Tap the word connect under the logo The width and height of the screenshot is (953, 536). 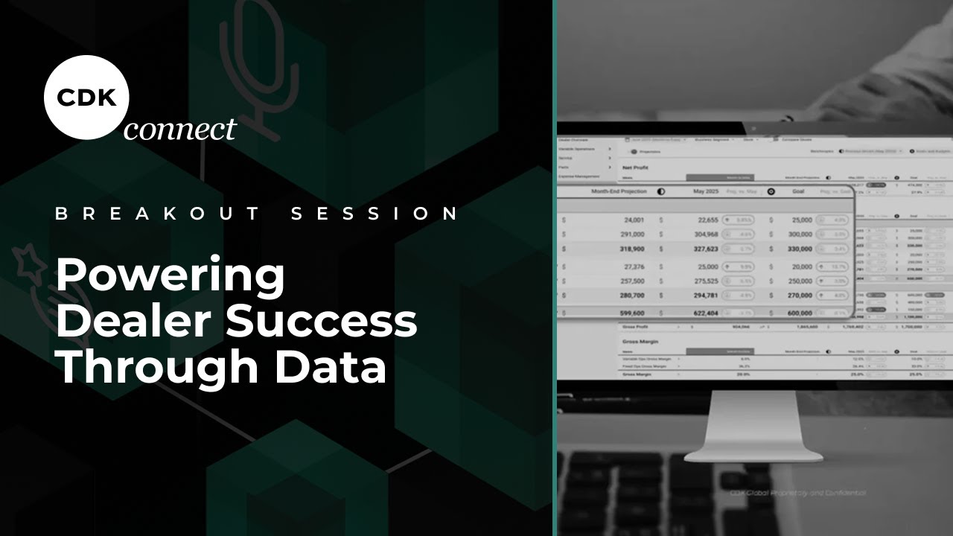point(180,129)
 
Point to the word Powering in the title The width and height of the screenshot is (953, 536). point(170,276)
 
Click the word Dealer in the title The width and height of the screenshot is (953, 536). point(133,322)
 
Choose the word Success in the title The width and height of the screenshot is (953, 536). point(321,322)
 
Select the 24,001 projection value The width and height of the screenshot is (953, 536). point(634,220)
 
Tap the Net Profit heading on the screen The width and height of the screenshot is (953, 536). point(636,168)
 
